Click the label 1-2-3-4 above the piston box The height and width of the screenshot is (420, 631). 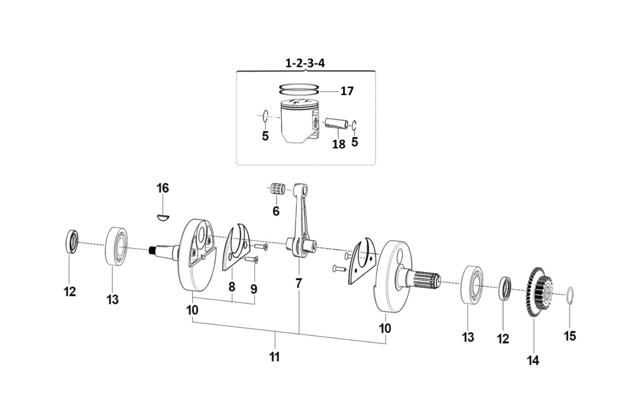(305, 63)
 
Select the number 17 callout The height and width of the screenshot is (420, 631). (346, 91)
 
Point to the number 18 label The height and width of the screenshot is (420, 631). (338, 144)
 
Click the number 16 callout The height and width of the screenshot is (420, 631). (163, 189)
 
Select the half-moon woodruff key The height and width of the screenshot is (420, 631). (163, 216)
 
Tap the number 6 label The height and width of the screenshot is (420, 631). (276, 211)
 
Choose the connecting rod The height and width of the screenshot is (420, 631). (301, 223)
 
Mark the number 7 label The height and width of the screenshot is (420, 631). (298, 283)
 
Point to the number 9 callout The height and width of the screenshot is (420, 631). (254, 289)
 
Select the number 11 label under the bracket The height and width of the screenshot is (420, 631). (275, 357)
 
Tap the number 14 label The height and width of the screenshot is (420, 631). (533, 360)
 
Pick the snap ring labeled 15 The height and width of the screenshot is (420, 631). (570, 297)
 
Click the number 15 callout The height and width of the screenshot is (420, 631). (570, 336)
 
